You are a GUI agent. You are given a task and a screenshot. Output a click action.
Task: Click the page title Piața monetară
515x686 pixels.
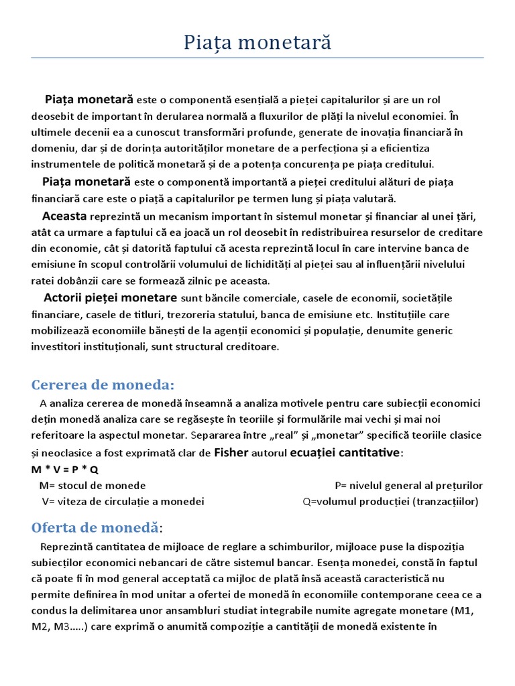click(x=257, y=43)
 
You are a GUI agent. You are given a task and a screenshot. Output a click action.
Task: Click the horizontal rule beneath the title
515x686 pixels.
click(x=257, y=58)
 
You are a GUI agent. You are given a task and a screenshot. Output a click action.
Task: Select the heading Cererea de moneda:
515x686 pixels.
click(x=103, y=385)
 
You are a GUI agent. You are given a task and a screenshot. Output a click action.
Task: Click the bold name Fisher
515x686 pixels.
click(x=231, y=453)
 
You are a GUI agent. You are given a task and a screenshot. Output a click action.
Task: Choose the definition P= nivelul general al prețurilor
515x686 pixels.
click(x=408, y=485)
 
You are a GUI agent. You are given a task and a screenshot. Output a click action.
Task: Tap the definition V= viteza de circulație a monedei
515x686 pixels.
click(x=123, y=501)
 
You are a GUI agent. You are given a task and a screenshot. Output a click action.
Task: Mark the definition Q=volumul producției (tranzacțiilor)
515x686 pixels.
click(x=391, y=501)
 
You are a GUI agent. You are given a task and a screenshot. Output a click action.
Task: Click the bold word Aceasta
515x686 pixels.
click(x=64, y=216)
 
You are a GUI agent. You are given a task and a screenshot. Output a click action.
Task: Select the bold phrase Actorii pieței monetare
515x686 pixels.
click(x=110, y=297)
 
